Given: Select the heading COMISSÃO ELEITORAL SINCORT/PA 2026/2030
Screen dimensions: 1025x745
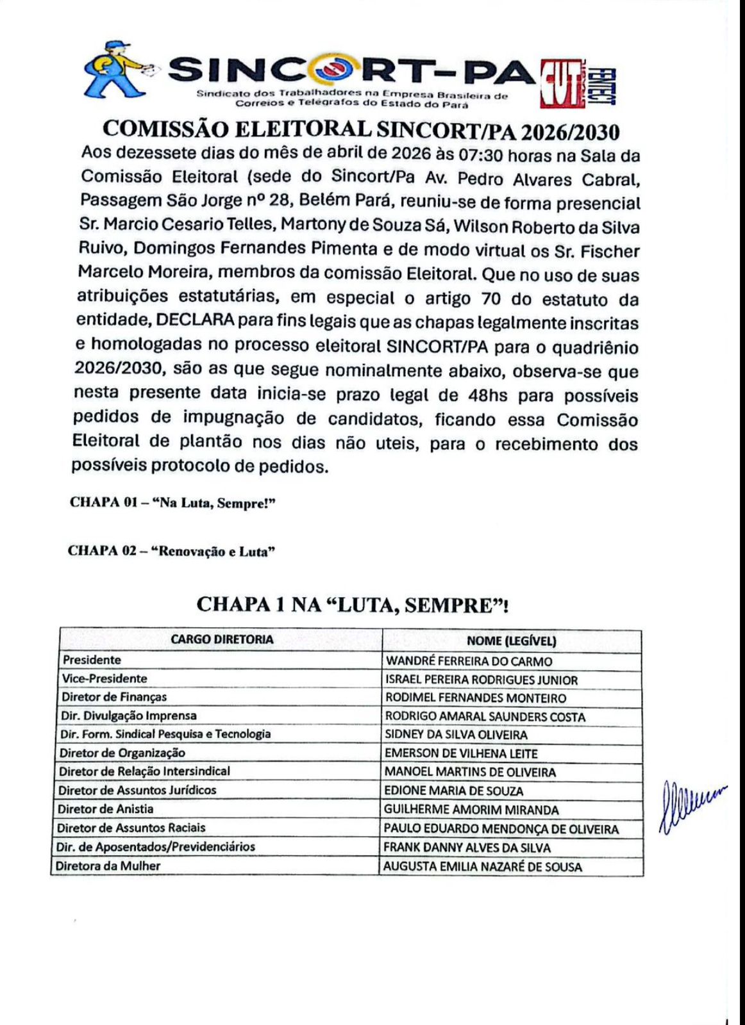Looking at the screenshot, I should point(361,130).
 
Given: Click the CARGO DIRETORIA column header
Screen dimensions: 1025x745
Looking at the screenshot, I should point(222,639).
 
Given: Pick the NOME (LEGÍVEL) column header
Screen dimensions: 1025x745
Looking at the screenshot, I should point(511,641).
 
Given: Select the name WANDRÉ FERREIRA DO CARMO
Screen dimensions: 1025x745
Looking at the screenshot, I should point(469,661).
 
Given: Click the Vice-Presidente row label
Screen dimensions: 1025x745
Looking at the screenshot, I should point(105,678).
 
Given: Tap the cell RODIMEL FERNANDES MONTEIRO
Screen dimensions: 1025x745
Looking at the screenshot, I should point(476,698).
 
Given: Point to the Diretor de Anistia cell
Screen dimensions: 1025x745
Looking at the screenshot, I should point(106,809).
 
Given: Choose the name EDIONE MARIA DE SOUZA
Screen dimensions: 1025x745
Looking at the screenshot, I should point(453,791).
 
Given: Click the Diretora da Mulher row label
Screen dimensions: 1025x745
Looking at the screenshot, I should point(108,866).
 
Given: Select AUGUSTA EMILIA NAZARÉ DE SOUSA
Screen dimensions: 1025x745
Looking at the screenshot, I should point(482,867).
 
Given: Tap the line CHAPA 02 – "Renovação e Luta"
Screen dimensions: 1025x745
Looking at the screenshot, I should point(171,552).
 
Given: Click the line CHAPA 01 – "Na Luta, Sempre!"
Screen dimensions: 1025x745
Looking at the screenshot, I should point(172,503).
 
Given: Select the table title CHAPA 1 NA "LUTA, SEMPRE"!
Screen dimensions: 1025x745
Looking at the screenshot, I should point(352,605).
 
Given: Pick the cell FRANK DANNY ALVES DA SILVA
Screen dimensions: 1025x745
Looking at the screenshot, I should point(467,848).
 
